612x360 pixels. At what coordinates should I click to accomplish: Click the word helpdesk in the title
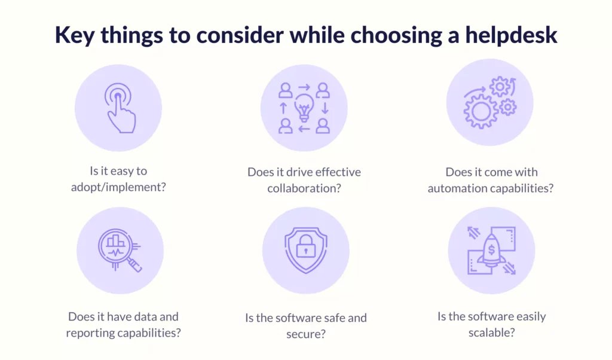coord(511,35)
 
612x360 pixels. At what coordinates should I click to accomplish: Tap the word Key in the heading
coord(74,36)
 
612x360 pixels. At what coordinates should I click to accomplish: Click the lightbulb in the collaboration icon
coord(304,108)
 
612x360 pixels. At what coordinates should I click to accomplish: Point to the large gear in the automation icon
coord(481,111)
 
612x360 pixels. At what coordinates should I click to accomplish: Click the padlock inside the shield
coord(305,246)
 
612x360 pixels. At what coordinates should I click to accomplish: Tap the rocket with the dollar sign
coord(491,250)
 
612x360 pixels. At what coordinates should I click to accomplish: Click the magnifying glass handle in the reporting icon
coord(134,265)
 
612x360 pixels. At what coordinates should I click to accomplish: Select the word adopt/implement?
coord(118,187)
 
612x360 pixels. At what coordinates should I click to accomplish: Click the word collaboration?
coord(304,188)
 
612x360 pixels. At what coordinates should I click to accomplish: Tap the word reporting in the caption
coord(90,333)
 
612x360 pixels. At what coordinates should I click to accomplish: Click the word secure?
coord(305,334)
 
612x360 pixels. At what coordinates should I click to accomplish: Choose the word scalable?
coord(491,332)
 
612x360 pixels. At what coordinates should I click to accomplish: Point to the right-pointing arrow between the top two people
coord(304,87)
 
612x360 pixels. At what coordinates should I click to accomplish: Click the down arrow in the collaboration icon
coord(325,108)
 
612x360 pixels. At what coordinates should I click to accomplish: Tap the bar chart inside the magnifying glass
coord(115,240)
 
